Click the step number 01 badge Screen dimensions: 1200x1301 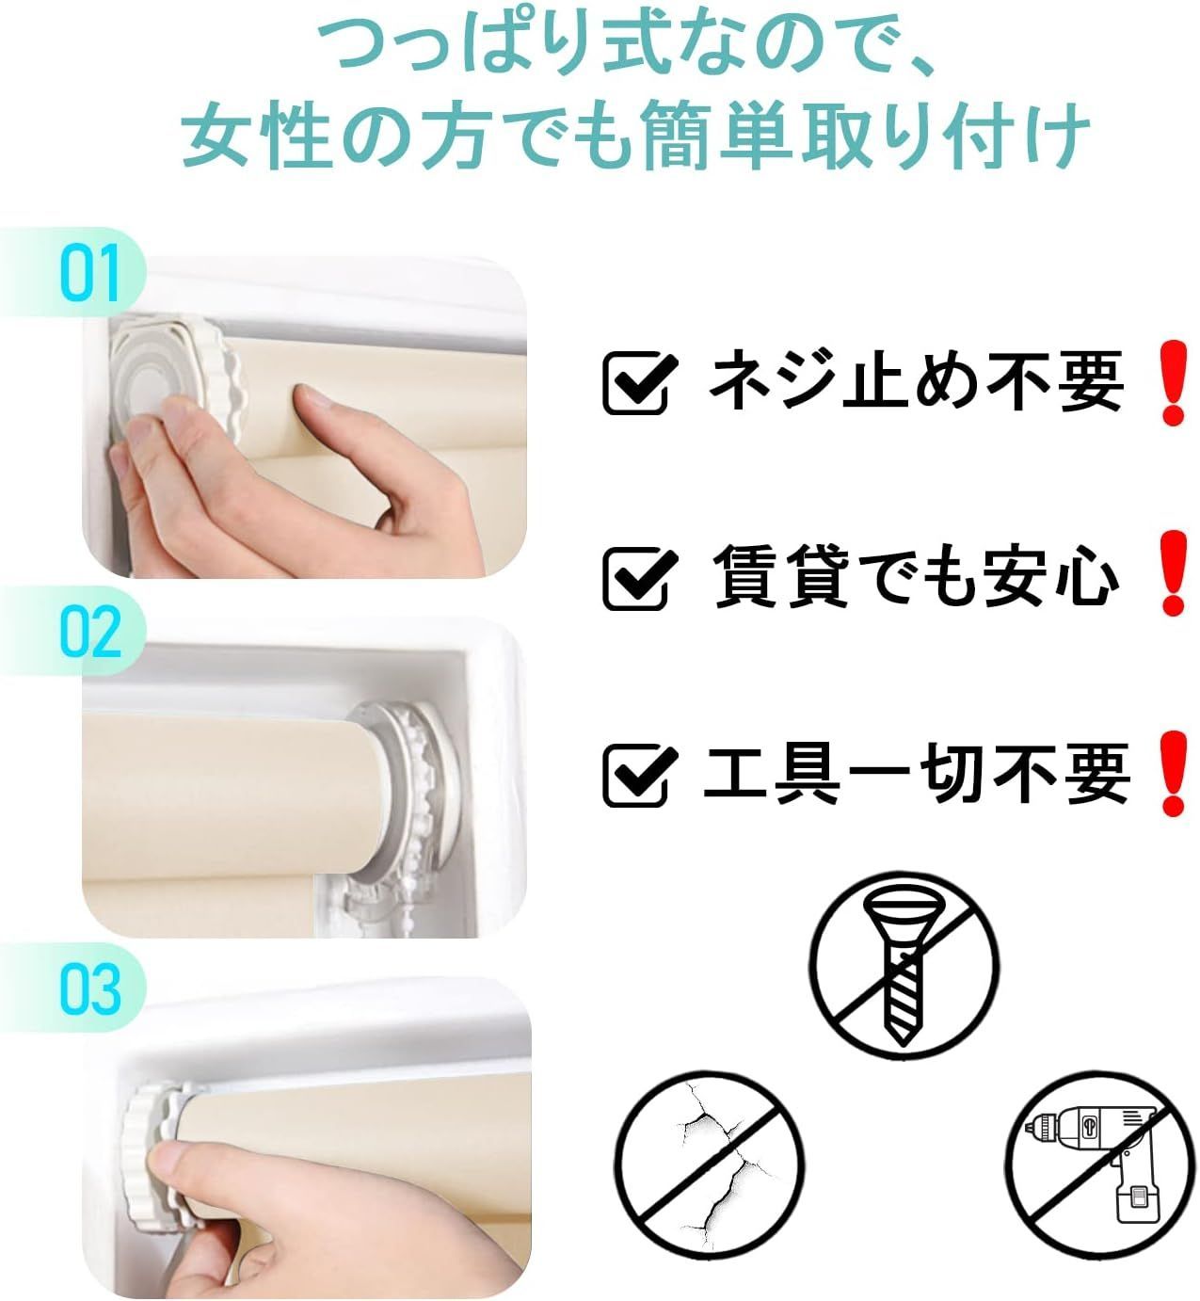(x=89, y=272)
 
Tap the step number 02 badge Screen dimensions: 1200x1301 (x=89, y=631)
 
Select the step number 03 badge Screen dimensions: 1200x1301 (x=89, y=988)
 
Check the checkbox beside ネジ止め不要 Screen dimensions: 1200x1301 (x=639, y=382)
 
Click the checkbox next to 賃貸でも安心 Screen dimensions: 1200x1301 (x=639, y=577)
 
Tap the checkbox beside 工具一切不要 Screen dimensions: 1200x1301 (x=639, y=773)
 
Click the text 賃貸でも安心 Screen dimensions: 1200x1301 (x=916, y=576)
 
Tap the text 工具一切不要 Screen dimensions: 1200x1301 (x=916, y=773)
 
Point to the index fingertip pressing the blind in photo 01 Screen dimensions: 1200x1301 (x=312, y=398)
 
